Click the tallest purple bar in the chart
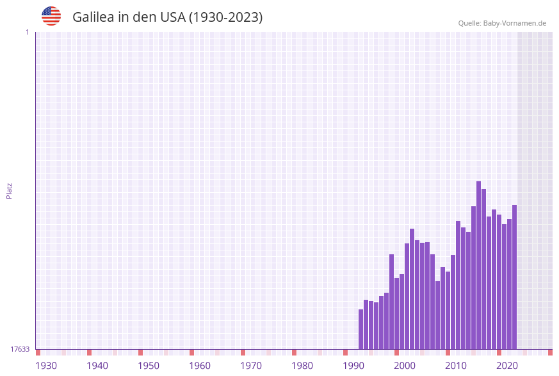click(x=478, y=265)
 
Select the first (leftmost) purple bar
click(x=361, y=329)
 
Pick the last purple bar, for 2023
click(x=514, y=277)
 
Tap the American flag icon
click(x=51, y=16)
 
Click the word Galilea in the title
click(x=93, y=17)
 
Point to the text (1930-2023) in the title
click(x=225, y=17)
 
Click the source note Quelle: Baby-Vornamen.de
click(x=502, y=23)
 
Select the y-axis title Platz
click(x=10, y=190)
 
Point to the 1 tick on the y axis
click(x=27, y=32)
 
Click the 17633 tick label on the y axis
click(x=20, y=349)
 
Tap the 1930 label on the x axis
click(x=46, y=366)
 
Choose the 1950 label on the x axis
click(x=149, y=366)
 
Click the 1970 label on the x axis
click(x=251, y=366)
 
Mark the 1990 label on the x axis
click(x=353, y=366)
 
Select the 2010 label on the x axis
click(x=456, y=366)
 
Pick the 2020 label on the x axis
click(x=507, y=366)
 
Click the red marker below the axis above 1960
click(x=191, y=352)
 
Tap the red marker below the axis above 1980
click(x=294, y=352)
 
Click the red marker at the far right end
click(x=550, y=352)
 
